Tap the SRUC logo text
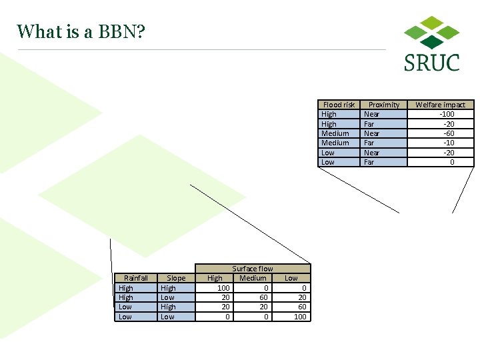[431, 63]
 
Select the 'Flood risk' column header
[339, 105]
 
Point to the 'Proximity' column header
[384, 105]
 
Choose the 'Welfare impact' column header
[440, 105]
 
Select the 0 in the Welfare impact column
[451, 162]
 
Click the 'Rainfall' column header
[136, 278]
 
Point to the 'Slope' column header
[176, 278]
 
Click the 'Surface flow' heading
[252, 269]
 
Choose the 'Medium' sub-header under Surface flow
[253, 278]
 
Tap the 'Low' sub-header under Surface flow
[291, 278]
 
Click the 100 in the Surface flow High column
[223, 288]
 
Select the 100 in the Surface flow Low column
[300, 317]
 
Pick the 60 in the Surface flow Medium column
[263, 297]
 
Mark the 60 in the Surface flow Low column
[302, 307]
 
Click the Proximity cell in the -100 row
[371, 114]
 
